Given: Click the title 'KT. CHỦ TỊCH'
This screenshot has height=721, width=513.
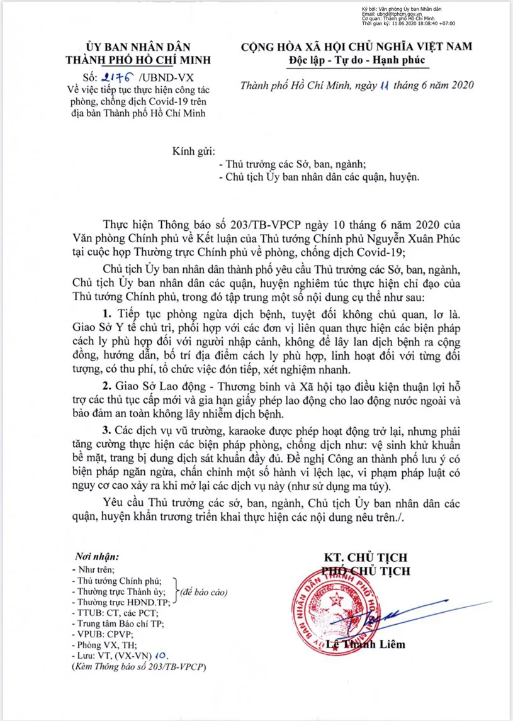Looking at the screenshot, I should pyautogui.click(x=365, y=557).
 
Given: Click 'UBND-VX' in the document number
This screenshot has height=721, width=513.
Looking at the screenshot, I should pyautogui.click(x=170, y=78).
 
